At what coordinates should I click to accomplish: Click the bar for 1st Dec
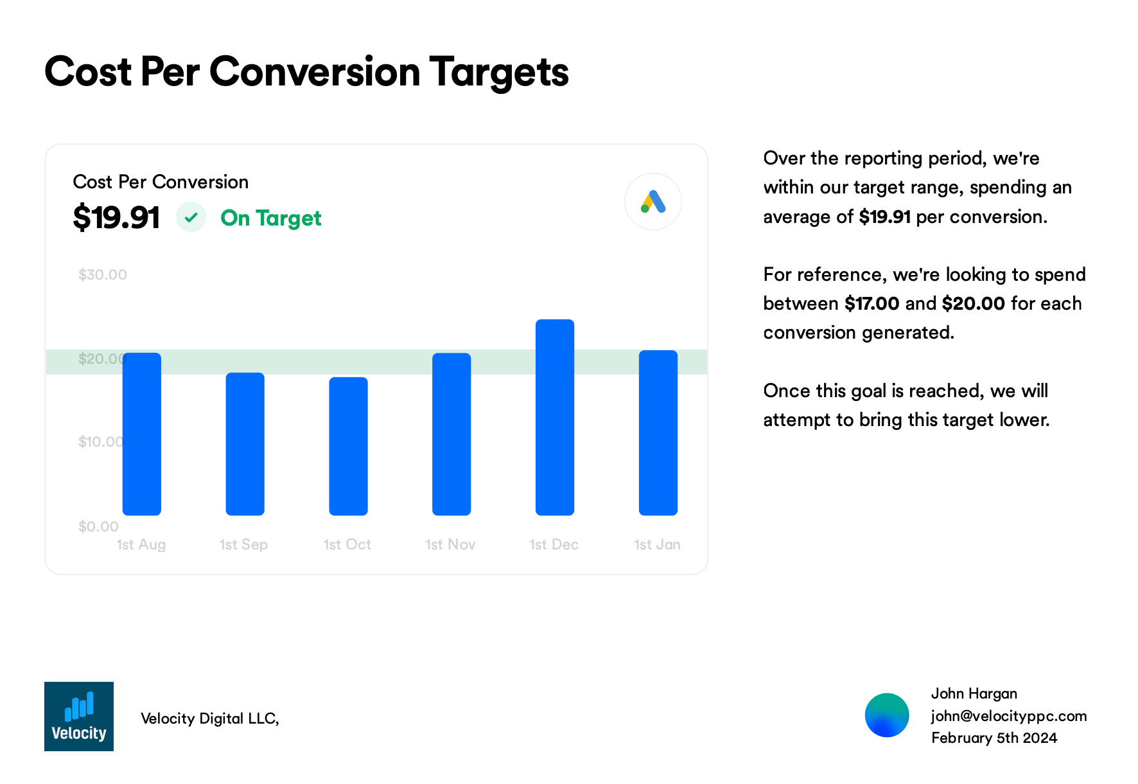[555, 418]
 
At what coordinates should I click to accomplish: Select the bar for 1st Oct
[348, 447]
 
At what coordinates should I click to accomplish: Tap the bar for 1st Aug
[142, 434]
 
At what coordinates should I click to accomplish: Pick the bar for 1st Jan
[658, 433]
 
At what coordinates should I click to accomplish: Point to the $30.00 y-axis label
[103, 275]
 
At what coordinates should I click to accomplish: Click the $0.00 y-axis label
[98, 527]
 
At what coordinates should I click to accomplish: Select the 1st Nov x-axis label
[450, 545]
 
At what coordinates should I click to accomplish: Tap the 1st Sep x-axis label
[243, 545]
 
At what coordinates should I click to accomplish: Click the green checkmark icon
[191, 218]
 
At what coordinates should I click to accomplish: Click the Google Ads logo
[653, 202]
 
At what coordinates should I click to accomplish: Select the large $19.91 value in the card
[116, 217]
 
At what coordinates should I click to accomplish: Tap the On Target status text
[270, 218]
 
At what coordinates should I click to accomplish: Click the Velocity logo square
[79, 717]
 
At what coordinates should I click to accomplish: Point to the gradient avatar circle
[887, 715]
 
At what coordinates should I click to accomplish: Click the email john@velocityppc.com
[1009, 716]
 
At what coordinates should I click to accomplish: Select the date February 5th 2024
[994, 738]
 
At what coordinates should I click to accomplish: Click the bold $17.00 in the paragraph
[871, 303]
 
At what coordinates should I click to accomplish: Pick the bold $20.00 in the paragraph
[973, 303]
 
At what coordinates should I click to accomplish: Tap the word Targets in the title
[499, 72]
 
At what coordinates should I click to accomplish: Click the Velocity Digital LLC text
[209, 718]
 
